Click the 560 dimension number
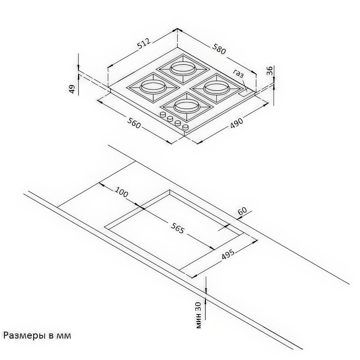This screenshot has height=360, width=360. pos(134,123)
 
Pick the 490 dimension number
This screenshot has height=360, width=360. pos(236,123)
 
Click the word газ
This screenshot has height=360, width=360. pos(239,74)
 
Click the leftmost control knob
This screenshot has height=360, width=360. pos(163,114)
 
